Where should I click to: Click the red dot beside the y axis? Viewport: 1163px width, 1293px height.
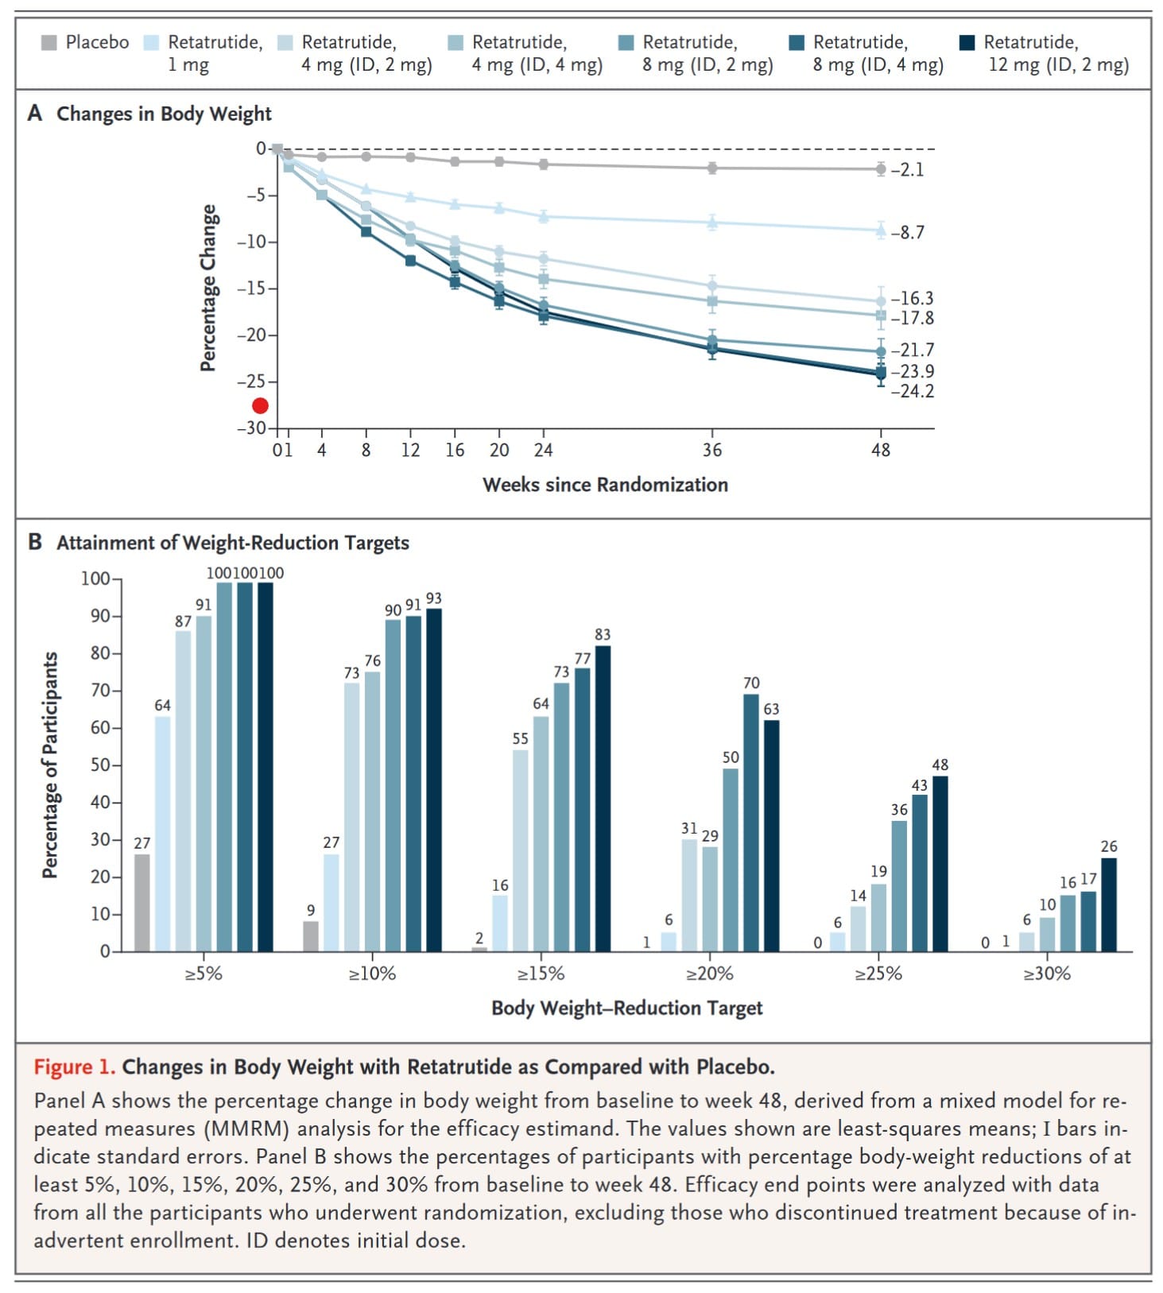(260, 405)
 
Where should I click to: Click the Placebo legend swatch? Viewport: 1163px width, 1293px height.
(49, 43)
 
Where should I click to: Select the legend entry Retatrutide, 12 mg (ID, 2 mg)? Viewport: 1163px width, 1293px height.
(1047, 53)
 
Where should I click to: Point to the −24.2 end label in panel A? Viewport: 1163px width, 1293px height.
(912, 391)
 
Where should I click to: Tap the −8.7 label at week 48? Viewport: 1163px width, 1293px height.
(907, 233)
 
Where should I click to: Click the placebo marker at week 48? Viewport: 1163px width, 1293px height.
(881, 169)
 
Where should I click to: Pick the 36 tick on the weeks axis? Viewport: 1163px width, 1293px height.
(712, 451)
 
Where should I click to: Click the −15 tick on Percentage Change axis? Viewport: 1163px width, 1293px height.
(251, 288)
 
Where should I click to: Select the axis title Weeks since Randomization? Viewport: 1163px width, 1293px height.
(605, 485)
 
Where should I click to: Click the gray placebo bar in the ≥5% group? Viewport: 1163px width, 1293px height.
(142, 903)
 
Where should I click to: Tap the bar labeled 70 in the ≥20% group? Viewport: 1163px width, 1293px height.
(751, 823)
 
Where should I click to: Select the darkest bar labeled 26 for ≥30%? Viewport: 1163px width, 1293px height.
(1108, 904)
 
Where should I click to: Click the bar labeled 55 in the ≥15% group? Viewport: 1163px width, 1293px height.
(520, 850)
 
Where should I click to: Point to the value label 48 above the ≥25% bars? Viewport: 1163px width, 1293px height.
(940, 765)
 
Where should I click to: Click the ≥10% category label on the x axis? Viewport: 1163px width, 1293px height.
(372, 974)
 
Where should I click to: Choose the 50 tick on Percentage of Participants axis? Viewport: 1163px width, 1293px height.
(99, 765)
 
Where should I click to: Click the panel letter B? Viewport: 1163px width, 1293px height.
(35, 543)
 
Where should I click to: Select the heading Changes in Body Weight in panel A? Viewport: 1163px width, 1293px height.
(164, 114)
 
